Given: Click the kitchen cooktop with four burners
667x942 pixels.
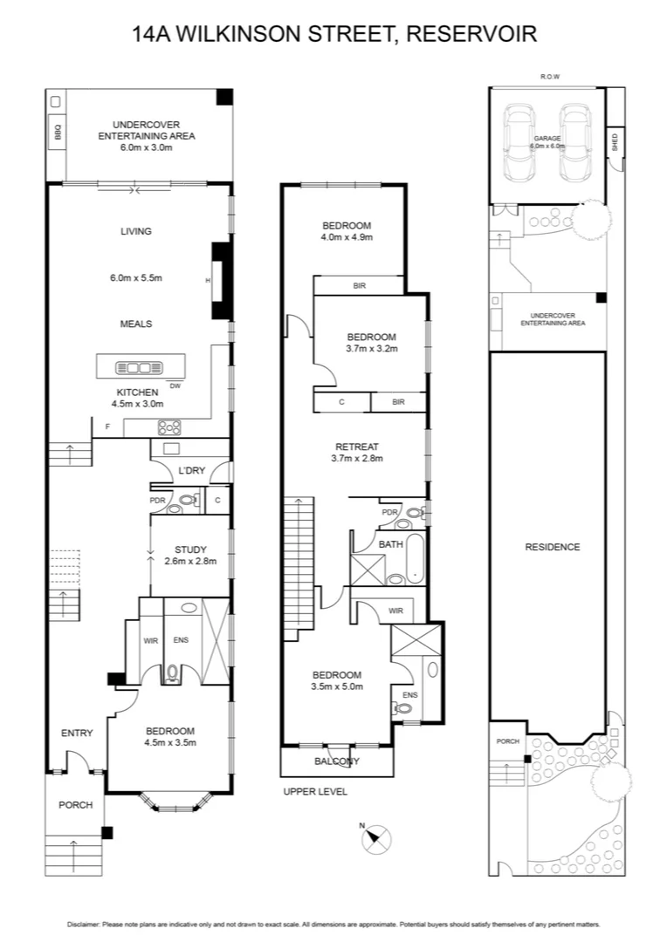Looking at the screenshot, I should click(x=168, y=427).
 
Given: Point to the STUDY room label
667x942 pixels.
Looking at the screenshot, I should click(x=189, y=549).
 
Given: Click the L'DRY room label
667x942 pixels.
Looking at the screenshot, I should click(x=190, y=471).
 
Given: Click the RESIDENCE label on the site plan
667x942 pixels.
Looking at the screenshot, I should click(x=552, y=547).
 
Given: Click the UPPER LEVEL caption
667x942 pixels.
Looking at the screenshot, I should click(x=315, y=792).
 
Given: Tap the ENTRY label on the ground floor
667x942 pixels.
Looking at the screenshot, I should click(x=77, y=733).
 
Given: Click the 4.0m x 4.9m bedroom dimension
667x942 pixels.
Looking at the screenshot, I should click(x=347, y=237).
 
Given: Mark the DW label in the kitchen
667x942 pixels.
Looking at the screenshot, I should click(x=175, y=386).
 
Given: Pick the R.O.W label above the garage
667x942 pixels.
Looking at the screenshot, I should click(x=550, y=77).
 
